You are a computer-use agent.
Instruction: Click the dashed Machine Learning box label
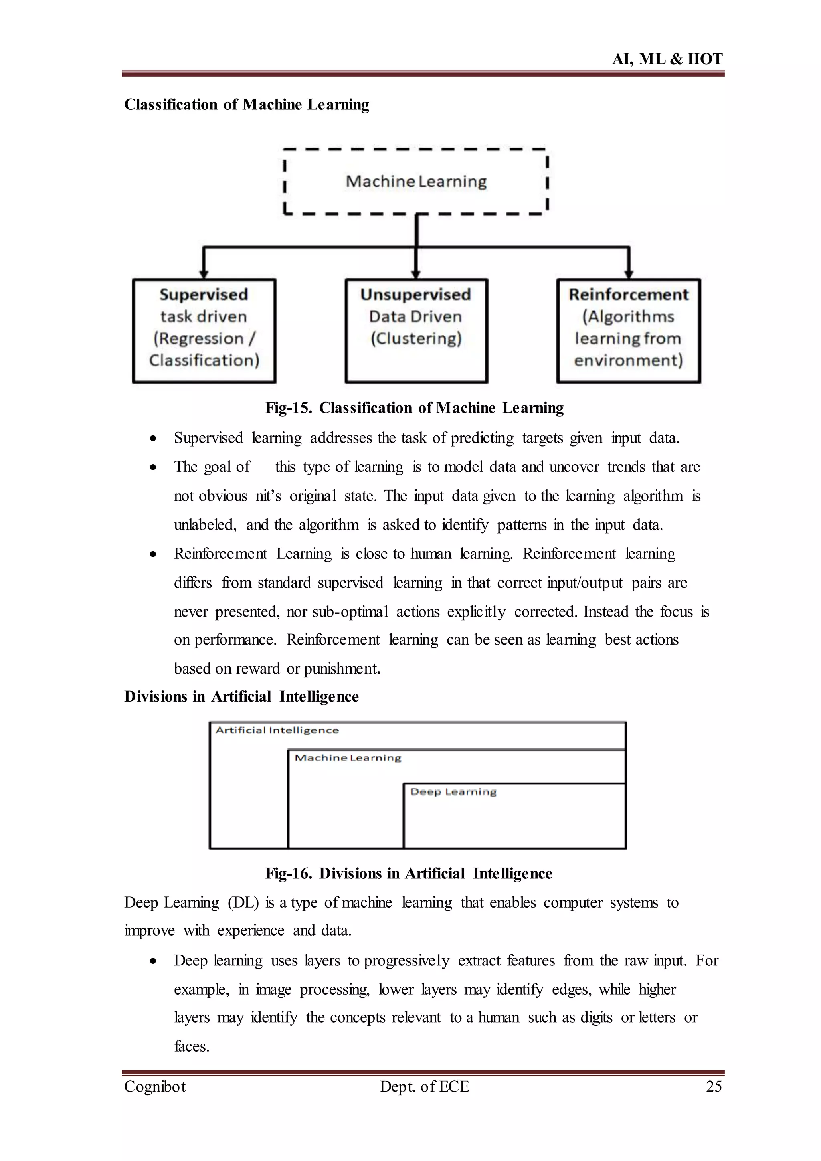(416, 181)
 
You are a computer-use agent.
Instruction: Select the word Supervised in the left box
(204, 294)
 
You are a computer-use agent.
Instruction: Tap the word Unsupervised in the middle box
(416, 294)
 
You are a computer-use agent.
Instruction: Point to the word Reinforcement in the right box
(629, 294)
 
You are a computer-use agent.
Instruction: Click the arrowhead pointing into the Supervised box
(204, 274)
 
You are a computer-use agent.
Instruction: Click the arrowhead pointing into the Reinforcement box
(629, 274)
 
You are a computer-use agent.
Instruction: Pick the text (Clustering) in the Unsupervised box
(416, 338)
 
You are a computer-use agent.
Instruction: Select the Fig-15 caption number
(288, 408)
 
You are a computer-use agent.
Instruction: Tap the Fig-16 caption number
(288, 873)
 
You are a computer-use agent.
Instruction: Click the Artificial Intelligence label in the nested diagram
(277, 730)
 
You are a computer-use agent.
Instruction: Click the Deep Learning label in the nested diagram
(453, 792)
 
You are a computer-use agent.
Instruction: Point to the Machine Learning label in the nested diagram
(348, 758)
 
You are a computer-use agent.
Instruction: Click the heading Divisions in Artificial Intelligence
(241, 696)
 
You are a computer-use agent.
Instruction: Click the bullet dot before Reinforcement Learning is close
(153, 555)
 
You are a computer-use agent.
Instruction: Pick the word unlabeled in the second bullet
(204, 525)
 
